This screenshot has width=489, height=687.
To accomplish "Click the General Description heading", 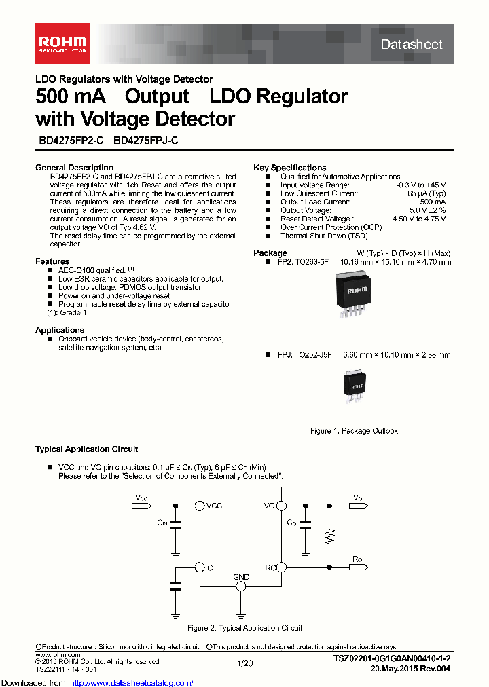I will pyautogui.click(x=74, y=168).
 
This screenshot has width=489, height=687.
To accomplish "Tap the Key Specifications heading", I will pyautogui.click(x=289, y=168).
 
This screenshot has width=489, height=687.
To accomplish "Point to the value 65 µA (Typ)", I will pyautogui.click(x=426, y=193).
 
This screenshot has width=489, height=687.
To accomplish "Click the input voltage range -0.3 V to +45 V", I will pyautogui.click(x=421, y=185).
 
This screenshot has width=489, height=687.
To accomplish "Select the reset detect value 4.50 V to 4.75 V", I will pyautogui.click(x=419, y=219).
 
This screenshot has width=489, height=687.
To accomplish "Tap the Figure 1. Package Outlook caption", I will pyautogui.click(x=354, y=431).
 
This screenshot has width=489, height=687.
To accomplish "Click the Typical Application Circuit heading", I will pyautogui.click(x=86, y=449).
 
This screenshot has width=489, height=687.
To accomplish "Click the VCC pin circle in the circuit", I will pyautogui.click(x=199, y=506).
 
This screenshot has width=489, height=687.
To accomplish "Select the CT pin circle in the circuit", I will pyautogui.click(x=199, y=567).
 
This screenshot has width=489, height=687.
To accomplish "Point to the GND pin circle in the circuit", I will pyautogui.click(x=241, y=586).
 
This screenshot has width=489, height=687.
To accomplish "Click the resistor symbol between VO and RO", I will pyautogui.click(x=329, y=537).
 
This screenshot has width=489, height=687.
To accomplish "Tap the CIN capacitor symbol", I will pyautogui.click(x=176, y=523).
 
